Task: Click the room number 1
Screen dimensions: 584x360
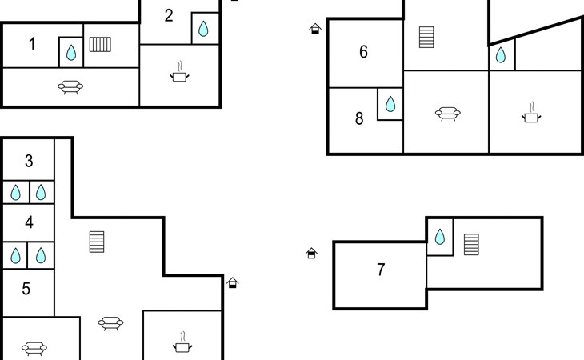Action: point(33,44)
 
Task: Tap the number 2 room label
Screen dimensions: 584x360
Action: point(169,16)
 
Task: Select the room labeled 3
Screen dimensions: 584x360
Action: point(29,161)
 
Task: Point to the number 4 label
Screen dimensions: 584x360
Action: point(29,222)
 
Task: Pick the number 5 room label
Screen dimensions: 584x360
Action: point(26,289)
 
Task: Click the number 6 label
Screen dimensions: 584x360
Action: point(363,52)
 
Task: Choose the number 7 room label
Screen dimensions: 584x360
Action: point(381,270)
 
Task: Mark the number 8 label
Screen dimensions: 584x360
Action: point(359,118)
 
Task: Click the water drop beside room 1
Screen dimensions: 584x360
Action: point(71,53)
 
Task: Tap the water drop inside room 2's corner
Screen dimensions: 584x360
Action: point(203,29)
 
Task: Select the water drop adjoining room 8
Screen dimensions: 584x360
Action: point(390,104)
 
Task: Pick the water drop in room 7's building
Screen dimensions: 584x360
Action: point(440,237)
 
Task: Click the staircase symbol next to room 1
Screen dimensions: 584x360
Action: point(100,44)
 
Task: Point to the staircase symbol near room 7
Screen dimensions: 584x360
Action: point(471,245)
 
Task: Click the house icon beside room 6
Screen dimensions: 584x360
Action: point(315,29)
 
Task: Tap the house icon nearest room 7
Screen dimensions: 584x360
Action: point(311,253)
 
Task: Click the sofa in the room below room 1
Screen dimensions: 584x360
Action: point(70,87)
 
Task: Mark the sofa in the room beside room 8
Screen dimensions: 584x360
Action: point(448,114)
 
